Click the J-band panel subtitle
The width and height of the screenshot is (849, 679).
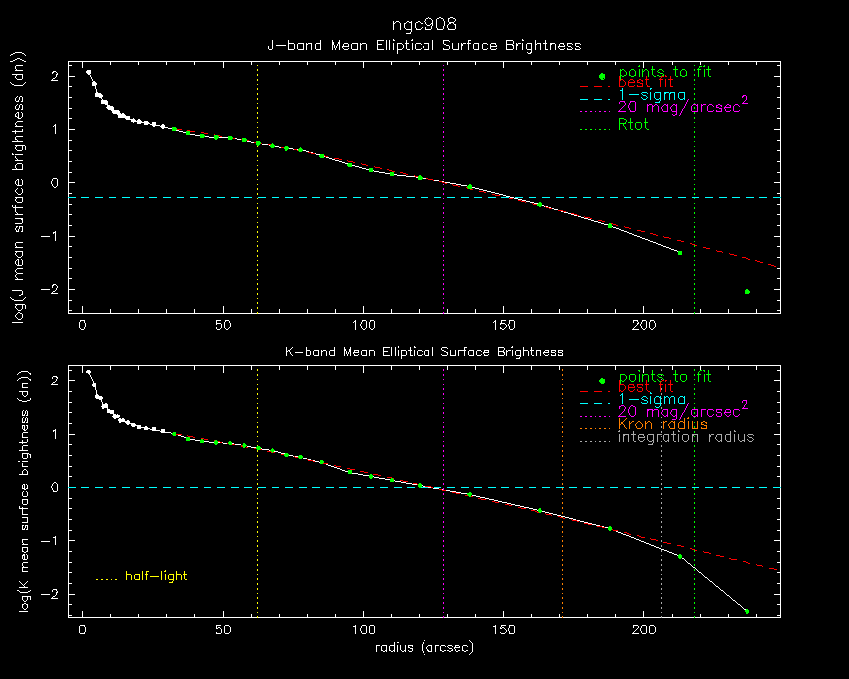424,46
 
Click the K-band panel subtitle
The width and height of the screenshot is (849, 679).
424,352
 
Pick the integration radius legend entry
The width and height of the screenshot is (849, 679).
686,437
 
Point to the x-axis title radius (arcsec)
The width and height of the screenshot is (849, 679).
424,647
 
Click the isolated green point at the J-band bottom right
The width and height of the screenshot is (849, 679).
747,292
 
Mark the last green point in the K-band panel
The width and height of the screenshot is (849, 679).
746,611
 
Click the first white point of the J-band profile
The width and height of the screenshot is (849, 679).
88,72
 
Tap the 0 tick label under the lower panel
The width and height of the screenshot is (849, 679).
83,630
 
